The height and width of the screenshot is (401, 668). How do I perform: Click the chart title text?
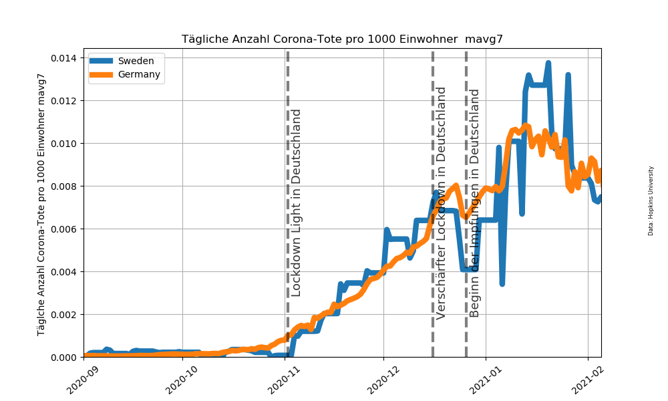tap(342, 39)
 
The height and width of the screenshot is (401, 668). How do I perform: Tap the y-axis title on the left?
tap(41, 205)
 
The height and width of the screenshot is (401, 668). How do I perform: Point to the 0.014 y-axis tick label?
tap(65, 58)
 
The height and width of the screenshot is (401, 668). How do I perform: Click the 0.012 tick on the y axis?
tap(65, 101)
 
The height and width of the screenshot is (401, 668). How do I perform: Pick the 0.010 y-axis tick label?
tap(65, 144)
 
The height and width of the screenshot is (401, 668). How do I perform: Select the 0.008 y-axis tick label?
tap(65, 186)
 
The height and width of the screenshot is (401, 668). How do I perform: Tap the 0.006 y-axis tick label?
tap(65, 229)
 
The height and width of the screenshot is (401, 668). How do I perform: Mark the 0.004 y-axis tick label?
tap(65, 272)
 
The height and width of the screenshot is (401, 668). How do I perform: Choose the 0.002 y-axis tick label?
tap(65, 315)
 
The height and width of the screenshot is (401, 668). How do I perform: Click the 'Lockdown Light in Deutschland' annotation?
tap(297, 203)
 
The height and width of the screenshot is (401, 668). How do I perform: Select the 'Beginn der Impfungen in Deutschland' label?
tap(475, 203)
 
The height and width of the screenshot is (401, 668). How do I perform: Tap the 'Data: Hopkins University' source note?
tap(651, 200)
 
